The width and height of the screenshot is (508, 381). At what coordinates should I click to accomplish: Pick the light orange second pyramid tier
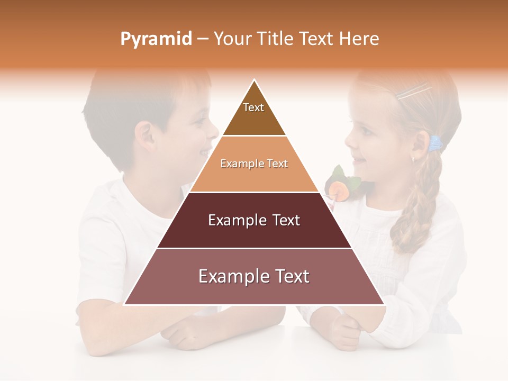(254, 164)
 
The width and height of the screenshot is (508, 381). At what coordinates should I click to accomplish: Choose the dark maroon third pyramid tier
(254, 220)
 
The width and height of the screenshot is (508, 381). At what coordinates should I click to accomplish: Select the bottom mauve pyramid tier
(254, 277)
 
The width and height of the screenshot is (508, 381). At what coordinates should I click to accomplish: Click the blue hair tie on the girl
(436, 143)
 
